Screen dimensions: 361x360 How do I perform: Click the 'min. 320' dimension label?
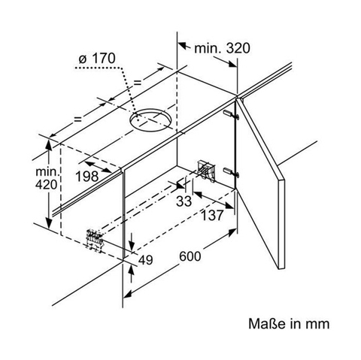[222, 48]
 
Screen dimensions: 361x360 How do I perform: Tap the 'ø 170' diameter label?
[97, 59]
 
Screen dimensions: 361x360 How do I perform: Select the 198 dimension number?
[87, 177]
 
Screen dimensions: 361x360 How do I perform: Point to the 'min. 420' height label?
[47, 178]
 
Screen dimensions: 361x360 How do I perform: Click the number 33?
[184, 201]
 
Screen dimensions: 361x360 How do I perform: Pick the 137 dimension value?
[212, 215]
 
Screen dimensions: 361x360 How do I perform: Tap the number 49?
[145, 260]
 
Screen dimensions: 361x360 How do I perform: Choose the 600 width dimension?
[190, 256]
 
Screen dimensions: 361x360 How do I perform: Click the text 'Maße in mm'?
[289, 324]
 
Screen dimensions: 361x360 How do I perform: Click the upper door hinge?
[231, 114]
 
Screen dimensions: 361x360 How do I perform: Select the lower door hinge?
[231, 172]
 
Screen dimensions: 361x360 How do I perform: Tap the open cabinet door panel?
[261, 180]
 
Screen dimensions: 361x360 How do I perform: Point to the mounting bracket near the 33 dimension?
[207, 171]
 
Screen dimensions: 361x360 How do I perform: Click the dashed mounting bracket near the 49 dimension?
[95, 240]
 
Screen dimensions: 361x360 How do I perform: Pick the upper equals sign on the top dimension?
[138, 83]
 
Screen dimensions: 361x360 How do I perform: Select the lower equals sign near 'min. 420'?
[78, 119]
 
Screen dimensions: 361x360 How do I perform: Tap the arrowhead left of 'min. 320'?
[183, 46]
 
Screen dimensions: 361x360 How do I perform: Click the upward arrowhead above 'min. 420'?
[49, 144]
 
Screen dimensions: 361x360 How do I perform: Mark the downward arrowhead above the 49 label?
[132, 244]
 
